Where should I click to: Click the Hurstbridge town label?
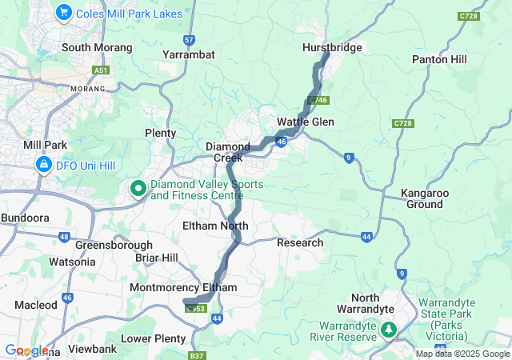(332, 47)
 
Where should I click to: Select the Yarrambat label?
(188, 54)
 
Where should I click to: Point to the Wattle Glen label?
(306, 122)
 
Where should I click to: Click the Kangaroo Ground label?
(423, 198)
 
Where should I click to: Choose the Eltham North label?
(215, 226)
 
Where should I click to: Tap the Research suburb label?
(300, 242)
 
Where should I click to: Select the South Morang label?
(97, 47)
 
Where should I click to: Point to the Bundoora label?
(25, 218)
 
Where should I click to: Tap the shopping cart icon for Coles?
(63, 13)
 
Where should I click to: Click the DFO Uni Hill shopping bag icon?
(42, 166)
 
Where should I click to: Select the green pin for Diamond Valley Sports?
(138, 189)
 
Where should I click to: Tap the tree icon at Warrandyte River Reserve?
(389, 330)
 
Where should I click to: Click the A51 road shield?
(101, 70)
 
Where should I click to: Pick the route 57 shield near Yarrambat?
(189, 38)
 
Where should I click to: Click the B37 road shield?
(198, 354)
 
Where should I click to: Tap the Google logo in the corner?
(26, 350)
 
